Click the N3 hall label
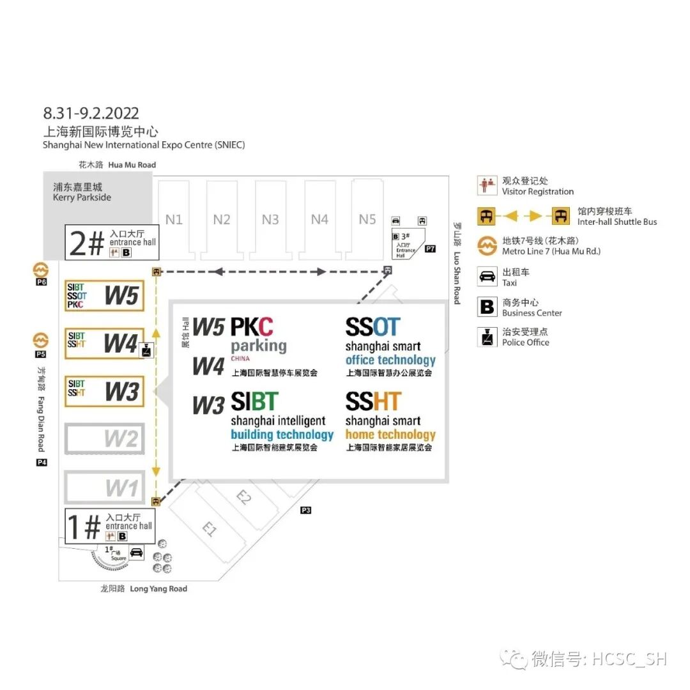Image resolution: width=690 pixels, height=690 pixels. click(x=270, y=220)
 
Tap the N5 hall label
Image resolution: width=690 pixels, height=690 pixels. click(x=367, y=219)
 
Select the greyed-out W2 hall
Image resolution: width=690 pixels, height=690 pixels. click(x=105, y=438)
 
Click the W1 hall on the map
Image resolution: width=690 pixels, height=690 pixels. click(x=105, y=488)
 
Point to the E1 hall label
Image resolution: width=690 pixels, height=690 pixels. click(x=210, y=529)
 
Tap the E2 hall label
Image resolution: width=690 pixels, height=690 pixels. click(x=244, y=497)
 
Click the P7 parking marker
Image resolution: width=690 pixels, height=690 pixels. click(x=430, y=249)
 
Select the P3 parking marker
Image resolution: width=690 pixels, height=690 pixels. click(x=306, y=510)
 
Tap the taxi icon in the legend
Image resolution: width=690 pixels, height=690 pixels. click(x=487, y=277)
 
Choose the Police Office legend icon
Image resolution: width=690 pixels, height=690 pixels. click(x=487, y=337)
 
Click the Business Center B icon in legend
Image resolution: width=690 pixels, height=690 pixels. click(x=487, y=307)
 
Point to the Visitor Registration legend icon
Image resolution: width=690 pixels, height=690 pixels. click(x=487, y=186)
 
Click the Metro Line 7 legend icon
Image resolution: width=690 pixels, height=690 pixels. click(x=487, y=245)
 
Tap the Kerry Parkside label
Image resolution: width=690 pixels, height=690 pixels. click(x=82, y=192)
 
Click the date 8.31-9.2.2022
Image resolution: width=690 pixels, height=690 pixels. click(x=91, y=114)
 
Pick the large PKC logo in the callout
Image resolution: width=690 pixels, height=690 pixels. click(x=252, y=327)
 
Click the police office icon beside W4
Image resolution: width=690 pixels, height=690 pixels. click(x=147, y=349)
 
